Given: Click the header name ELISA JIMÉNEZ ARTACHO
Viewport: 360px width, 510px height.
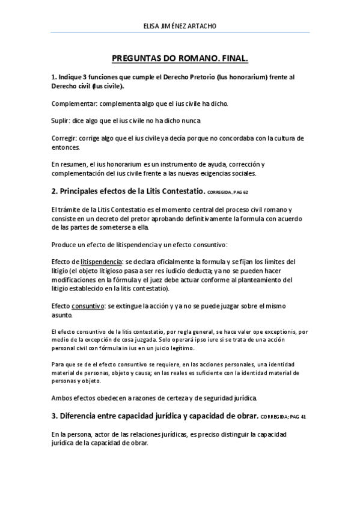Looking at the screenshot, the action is (180, 26).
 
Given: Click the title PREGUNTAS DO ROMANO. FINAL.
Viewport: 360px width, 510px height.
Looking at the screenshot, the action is (180, 59).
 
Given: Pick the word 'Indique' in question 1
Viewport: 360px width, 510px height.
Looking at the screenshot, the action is (71, 78).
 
